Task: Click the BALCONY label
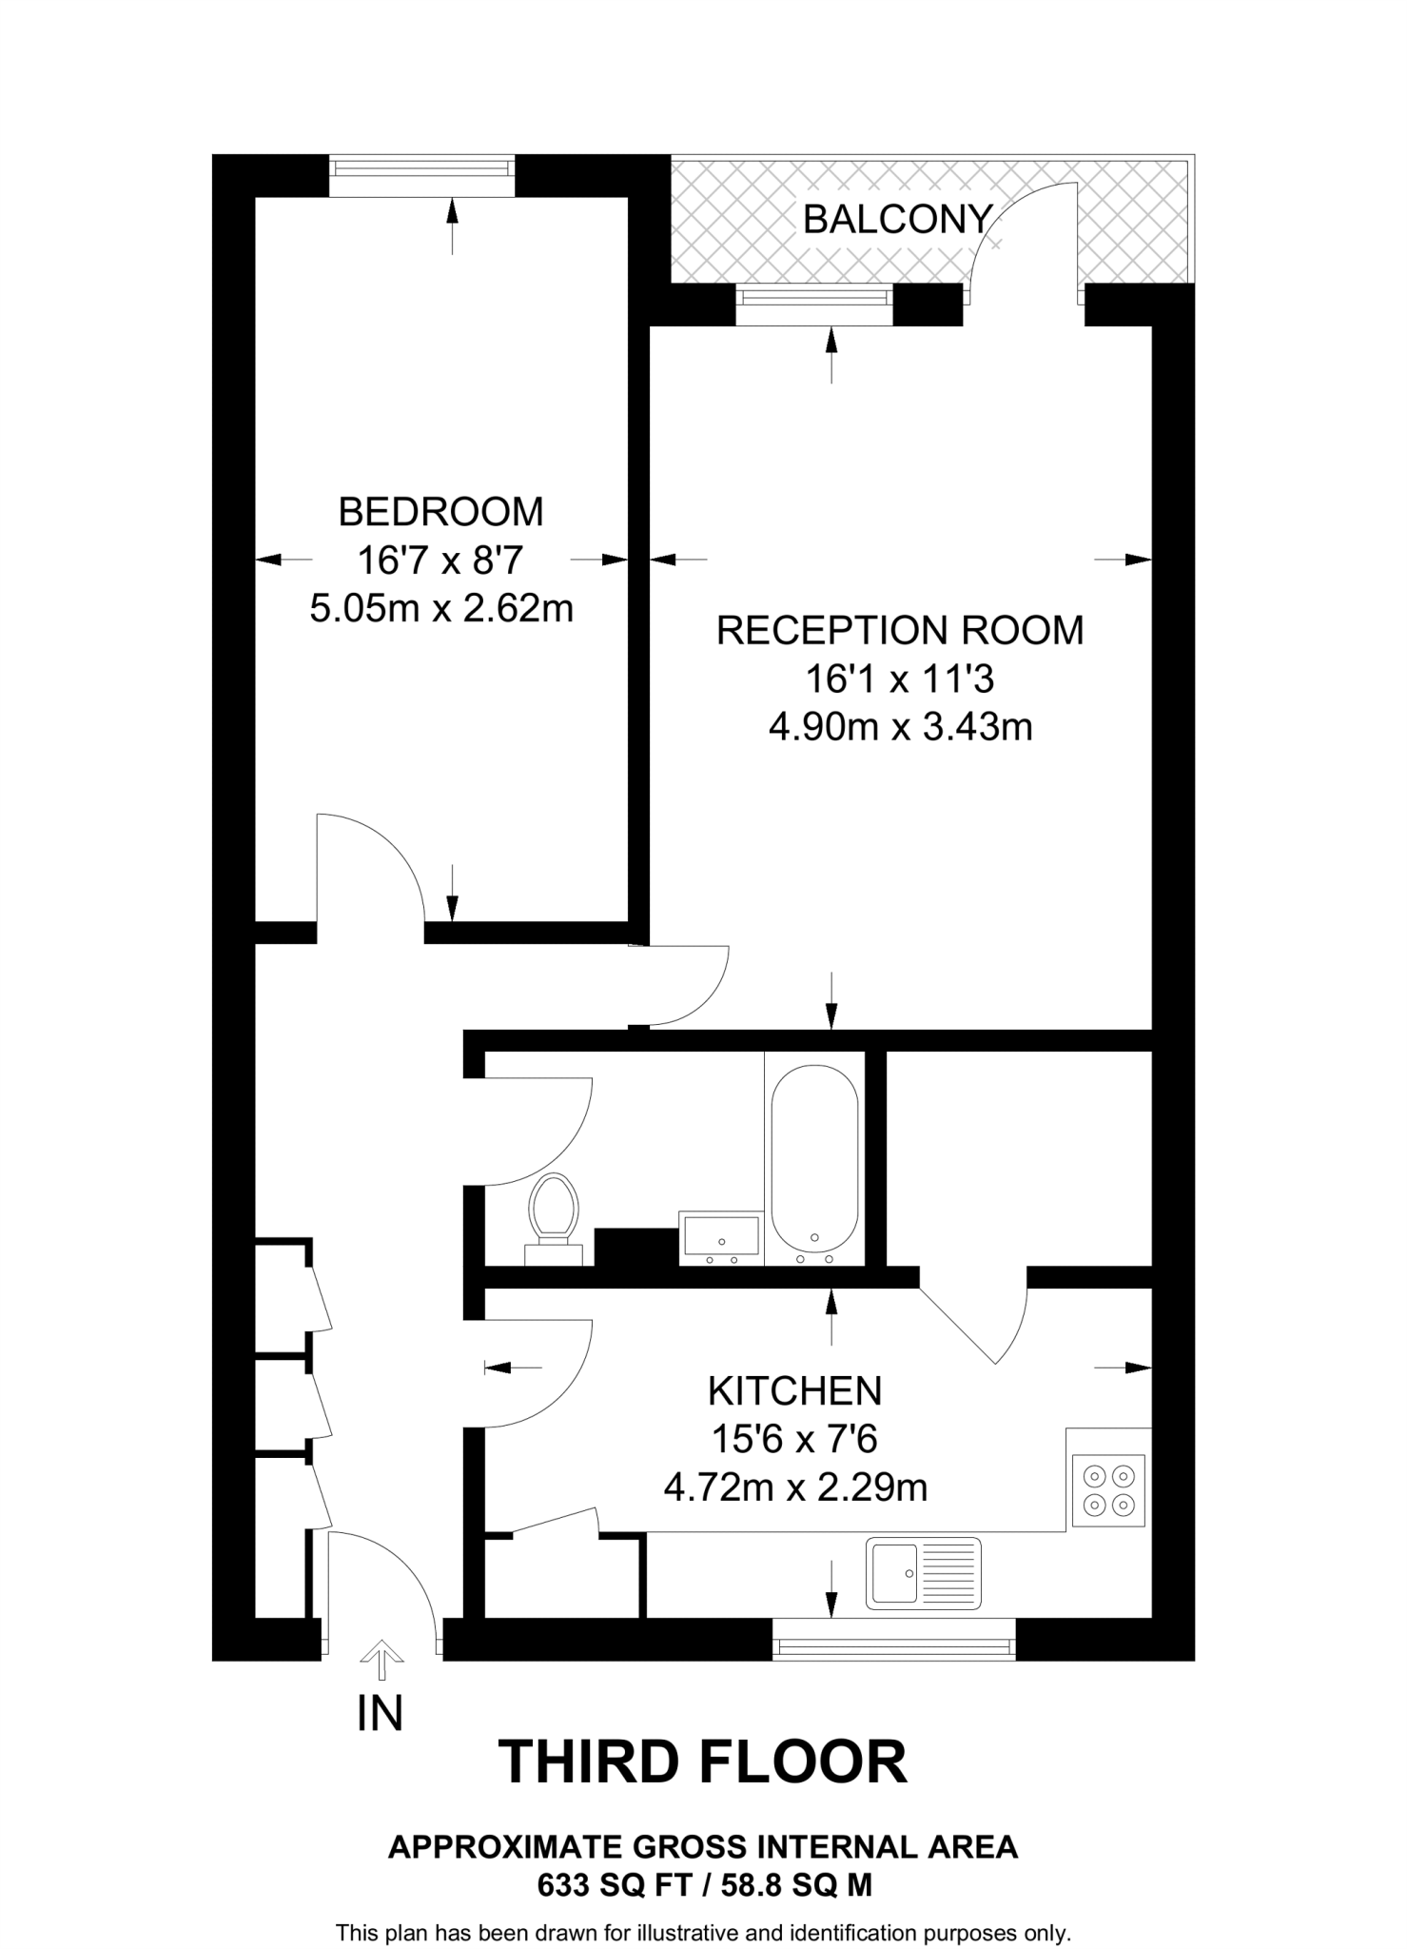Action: (897, 220)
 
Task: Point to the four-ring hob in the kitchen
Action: (1108, 1490)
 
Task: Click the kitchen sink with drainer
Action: (923, 1573)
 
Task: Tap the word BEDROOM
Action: (440, 512)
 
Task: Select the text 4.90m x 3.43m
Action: (900, 727)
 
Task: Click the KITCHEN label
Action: (794, 1391)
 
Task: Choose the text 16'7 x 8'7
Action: (440, 561)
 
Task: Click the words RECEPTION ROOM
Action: (900, 630)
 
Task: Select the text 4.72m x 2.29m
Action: (794, 1486)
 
